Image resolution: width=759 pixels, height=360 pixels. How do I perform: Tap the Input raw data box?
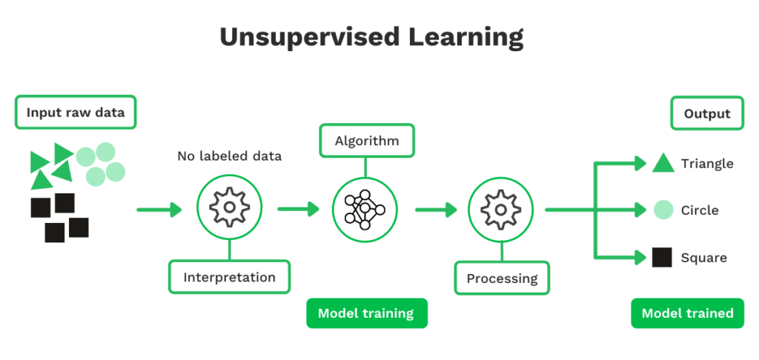click(x=76, y=113)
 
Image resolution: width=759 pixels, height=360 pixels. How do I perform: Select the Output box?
click(x=707, y=113)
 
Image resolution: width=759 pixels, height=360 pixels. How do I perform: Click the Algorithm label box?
click(x=366, y=141)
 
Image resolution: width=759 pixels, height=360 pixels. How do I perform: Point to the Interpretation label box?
click(x=229, y=277)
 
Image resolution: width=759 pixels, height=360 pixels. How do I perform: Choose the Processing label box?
click(x=502, y=279)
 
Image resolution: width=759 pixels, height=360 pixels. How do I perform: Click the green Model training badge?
click(x=366, y=313)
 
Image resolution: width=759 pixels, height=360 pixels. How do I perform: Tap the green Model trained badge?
click(x=687, y=313)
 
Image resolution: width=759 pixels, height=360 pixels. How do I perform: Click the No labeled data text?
click(x=229, y=157)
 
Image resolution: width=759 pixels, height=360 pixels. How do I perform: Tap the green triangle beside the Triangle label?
click(x=663, y=164)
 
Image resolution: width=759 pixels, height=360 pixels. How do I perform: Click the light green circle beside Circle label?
click(x=663, y=210)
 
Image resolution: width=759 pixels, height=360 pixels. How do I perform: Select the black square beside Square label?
click(x=663, y=258)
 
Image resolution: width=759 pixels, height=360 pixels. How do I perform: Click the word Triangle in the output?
click(x=706, y=164)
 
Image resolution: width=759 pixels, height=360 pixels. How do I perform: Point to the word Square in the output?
click(x=703, y=258)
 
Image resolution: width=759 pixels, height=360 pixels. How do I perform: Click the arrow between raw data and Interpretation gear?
click(x=159, y=210)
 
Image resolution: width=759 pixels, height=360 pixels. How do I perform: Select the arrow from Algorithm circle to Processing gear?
click(x=436, y=210)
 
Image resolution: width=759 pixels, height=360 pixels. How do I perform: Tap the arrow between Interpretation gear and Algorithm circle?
click(x=298, y=210)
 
